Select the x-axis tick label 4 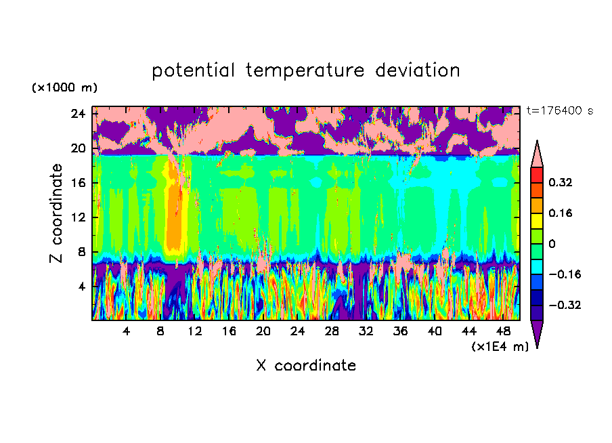click(x=127, y=331)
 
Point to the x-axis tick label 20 click(x=263, y=331)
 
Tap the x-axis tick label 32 click(x=366, y=331)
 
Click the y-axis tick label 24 click(x=79, y=113)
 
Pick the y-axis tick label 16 click(x=79, y=183)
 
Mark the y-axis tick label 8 click(x=81, y=252)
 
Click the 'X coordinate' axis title click(x=306, y=366)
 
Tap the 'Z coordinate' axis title click(x=56, y=213)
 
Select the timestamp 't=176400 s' click(x=559, y=110)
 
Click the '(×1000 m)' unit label click(x=64, y=88)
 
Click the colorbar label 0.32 click(x=561, y=182)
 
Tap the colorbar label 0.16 click(x=561, y=213)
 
